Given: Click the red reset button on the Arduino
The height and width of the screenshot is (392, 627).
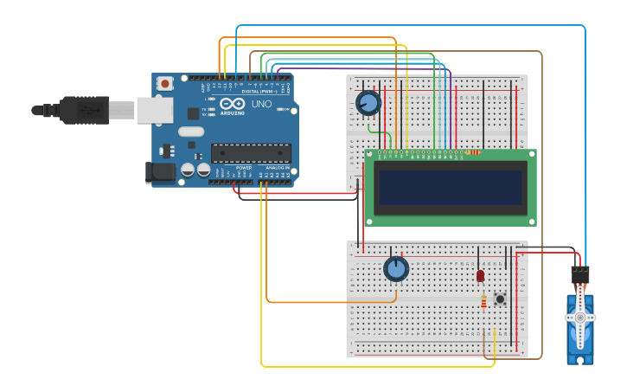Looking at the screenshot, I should tap(164, 84).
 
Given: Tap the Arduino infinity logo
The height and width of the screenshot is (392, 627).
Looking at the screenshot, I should tap(232, 103).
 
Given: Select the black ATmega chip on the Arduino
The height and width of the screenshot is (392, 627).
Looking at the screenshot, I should tap(251, 153).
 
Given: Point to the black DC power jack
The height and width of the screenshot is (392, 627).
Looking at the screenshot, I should tap(162, 171).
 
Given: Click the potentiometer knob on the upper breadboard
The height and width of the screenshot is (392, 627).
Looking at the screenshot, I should tap(368, 104).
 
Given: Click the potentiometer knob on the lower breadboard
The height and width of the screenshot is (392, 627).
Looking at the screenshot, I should tap(396, 269).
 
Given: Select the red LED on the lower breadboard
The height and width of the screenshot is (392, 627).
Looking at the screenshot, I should tap(481, 275).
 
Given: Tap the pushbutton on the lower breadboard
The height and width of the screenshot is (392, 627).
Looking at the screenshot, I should tap(500, 299).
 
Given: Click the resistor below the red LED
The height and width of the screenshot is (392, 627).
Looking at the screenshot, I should tap(483, 301).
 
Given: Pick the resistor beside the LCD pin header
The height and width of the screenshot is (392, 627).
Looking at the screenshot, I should tap(471, 152).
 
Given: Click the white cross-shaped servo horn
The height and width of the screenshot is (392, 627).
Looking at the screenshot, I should tap(579, 317).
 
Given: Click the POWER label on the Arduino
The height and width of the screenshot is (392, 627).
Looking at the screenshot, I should tap(244, 168).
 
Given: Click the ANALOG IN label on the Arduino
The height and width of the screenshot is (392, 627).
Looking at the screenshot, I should tap(277, 168).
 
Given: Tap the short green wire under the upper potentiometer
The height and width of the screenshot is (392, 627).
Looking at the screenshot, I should tap(374, 130).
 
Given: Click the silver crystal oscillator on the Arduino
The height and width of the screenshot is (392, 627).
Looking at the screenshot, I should tap(191, 132).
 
